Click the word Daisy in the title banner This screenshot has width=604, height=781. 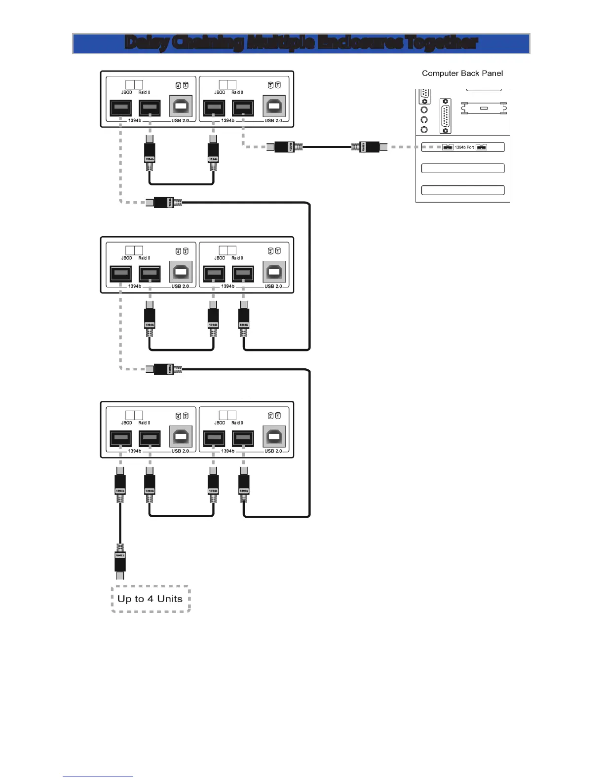coord(147,43)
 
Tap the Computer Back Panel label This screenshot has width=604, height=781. coord(462,73)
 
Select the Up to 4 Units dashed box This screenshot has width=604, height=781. coord(151,599)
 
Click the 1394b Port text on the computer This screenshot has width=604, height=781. coord(464,147)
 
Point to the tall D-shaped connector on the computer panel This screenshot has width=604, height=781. coord(445,116)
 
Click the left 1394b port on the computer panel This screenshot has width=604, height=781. coord(448,147)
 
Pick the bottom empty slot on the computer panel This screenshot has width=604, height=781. coord(462,190)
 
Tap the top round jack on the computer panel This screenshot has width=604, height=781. coord(424,109)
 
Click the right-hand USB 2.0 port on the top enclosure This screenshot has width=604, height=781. coord(274,106)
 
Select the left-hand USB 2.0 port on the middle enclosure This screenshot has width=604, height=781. coord(181,272)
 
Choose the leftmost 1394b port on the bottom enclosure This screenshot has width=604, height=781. coord(120,438)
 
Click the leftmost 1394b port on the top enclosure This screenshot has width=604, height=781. coord(120,107)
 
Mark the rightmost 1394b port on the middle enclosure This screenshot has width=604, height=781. coord(243,273)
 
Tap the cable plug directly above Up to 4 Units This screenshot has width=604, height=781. coord(120,561)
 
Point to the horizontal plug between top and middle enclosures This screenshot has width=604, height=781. coord(163,202)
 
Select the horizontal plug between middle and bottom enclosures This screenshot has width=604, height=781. coord(163,369)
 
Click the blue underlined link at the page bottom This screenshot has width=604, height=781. coord(97,776)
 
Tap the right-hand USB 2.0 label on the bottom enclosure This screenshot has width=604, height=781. coord(273,451)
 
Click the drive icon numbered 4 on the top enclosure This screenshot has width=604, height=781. coord(178,85)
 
